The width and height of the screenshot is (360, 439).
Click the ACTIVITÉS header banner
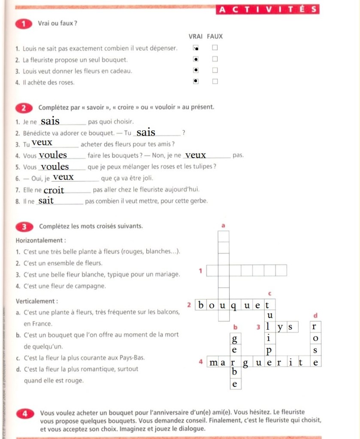click(x=267, y=9)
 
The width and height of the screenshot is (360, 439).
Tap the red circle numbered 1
click(x=22, y=23)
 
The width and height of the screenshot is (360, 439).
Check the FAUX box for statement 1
click(x=215, y=48)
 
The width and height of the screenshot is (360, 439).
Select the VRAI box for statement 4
click(x=196, y=81)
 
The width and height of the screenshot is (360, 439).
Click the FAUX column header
click(x=215, y=37)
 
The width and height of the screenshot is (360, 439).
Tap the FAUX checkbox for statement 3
click(x=215, y=70)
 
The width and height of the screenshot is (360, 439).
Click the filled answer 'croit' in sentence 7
click(x=54, y=190)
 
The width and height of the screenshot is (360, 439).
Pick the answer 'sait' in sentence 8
click(x=46, y=201)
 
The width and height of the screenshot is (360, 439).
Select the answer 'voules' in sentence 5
click(x=55, y=166)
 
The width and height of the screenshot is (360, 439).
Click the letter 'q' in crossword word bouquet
click(x=234, y=306)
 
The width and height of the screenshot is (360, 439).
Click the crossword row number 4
click(x=201, y=362)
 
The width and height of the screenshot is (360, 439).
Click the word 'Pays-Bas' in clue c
click(x=133, y=358)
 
